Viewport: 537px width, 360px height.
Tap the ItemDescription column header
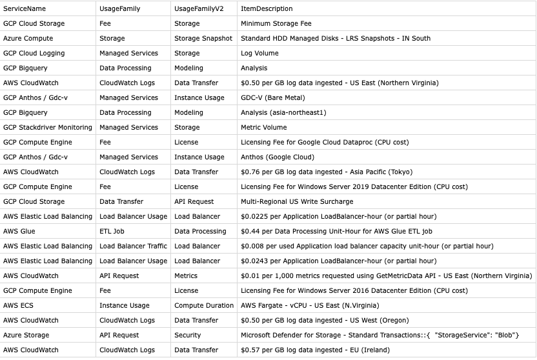(267, 9)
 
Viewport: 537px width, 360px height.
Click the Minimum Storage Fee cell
(276, 24)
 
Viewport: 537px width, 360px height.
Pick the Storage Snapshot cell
(203, 39)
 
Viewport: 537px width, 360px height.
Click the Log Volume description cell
(260, 54)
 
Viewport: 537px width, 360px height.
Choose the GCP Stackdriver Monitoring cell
(48, 128)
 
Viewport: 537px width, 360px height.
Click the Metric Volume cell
(264, 128)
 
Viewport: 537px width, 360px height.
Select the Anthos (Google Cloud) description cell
(278, 157)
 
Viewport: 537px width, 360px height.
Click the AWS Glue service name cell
(19, 232)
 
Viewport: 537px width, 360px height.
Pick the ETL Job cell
(114, 232)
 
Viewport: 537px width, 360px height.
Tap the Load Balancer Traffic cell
(133, 246)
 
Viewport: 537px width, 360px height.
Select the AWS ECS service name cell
(18, 306)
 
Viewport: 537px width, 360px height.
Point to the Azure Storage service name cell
(26, 335)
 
